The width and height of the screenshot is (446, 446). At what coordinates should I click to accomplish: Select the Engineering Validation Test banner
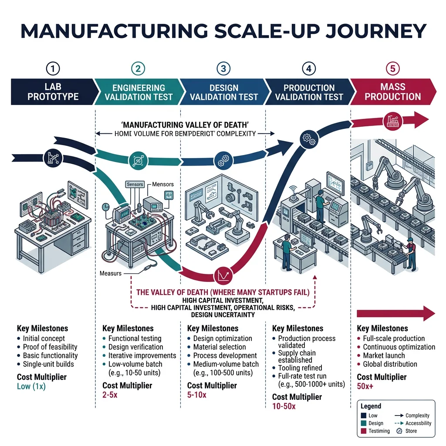pyautogui.click(x=139, y=92)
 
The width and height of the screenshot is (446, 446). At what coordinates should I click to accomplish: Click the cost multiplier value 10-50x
pyautogui.click(x=284, y=406)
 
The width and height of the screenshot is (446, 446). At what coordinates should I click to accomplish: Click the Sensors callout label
pyautogui.click(x=135, y=184)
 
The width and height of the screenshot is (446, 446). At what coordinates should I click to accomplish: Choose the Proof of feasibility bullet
pyautogui.click(x=50, y=347)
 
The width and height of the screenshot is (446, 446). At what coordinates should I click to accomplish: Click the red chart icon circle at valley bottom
pyautogui.click(x=221, y=275)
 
